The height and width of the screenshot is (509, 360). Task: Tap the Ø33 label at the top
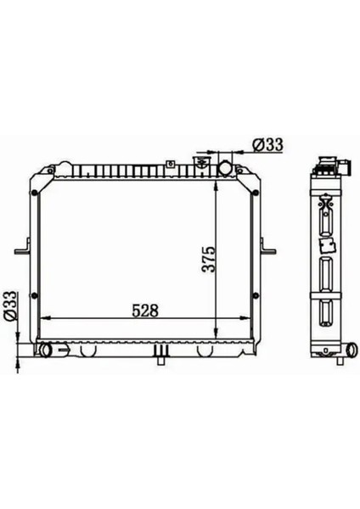click(267, 145)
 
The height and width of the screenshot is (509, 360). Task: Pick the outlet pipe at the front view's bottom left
click(47, 350)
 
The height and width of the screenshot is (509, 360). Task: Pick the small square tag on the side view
click(323, 247)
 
